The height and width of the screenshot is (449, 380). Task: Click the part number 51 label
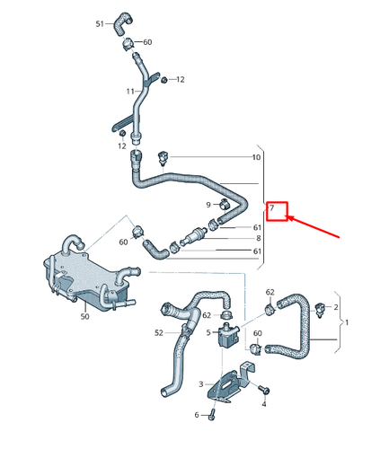tap(100, 23)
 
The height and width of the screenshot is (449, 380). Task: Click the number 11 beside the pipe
tap(130, 91)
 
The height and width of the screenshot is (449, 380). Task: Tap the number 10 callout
tap(256, 157)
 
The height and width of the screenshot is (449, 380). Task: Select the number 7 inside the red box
tap(272, 207)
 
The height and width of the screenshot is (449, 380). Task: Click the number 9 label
tap(208, 205)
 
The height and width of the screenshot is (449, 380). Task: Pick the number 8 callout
tap(259, 238)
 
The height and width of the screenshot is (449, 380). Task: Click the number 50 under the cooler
tap(84, 316)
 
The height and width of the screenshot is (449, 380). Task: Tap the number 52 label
tap(159, 333)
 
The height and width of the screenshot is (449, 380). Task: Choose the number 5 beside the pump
tap(208, 332)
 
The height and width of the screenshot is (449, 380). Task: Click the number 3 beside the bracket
tap(201, 384)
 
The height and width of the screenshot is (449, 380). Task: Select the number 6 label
tap(197, 415)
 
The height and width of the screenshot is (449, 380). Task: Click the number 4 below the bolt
tap(264, 404)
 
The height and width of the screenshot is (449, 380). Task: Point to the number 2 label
tap(336, 307)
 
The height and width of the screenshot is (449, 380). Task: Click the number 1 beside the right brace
tap(347, 322)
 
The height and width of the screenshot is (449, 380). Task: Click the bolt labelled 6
tap(212, 415)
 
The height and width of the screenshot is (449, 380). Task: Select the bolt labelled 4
tap(264, 389)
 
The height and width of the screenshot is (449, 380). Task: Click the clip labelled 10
tap(163, 158)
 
